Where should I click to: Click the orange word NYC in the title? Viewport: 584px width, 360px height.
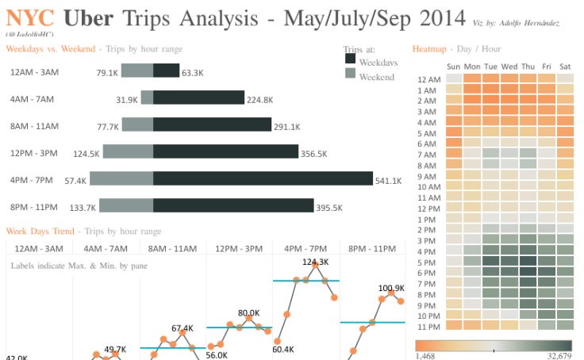pyautogui.click(x=30, y=17)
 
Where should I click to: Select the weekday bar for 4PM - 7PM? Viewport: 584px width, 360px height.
pyautogui.click(x=263, y=178)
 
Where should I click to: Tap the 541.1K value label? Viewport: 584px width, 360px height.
pyautogui.click(x=388, y=182)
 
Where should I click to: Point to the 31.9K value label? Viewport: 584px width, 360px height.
pyautogui.click(x=127, y=100)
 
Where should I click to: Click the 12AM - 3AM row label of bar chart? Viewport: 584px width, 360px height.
pyautogui.click(x=34, y=72)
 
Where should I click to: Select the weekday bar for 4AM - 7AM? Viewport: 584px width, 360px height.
pyautogui.click(x=198, y=98)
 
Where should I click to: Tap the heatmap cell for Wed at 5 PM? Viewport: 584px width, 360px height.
pyautogui.click(x=509, y=262)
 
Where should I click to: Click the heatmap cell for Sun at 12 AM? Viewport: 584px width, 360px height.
pyautogui.click(x=454, y=79)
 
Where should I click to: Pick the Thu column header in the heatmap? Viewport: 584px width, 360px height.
pyautogui.click(x=528, y=67)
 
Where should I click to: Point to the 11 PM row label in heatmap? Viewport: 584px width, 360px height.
pyautogui.click(x=428, y=327)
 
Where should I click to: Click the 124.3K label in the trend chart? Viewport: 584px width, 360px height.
pyautogui.click(x=315, y=262)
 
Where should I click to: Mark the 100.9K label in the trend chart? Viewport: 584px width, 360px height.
pyautogui.click(x=391, y=289)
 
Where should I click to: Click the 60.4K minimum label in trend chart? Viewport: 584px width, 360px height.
pyautogui.click(x=283, y=349)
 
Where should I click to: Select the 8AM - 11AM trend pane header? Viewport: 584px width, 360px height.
pyautogui.click(x=172, y=248)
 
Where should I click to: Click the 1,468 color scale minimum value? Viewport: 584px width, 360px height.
pyautogui.click(x=425, y=356)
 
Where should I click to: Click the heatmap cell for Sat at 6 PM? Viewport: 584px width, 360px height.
pyautogui.click(x=565, y=273)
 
